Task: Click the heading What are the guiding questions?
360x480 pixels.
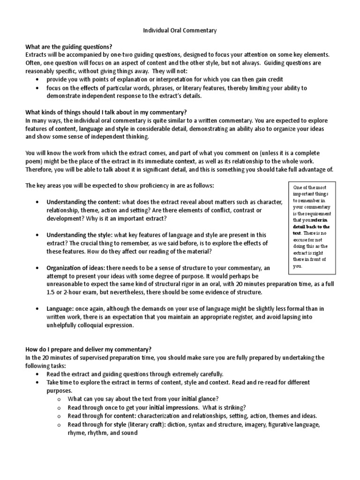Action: click(x=69, y=46)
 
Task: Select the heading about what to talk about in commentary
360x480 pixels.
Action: click(x=106, y=112)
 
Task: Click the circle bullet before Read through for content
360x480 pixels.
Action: click(x=59, y=416)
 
